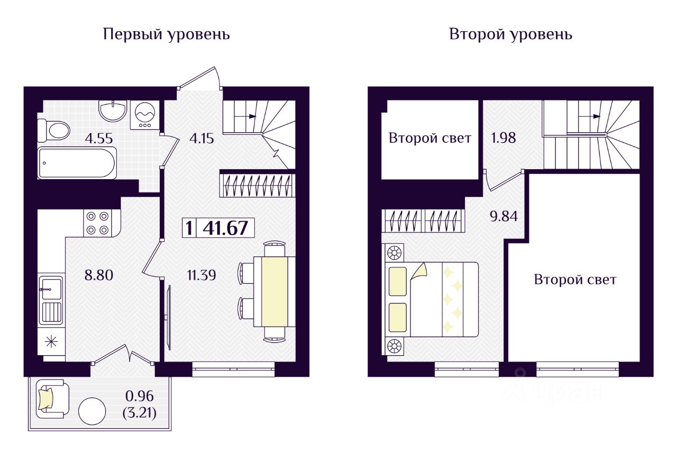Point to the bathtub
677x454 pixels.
(x=77, y=163)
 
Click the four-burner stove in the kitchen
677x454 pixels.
(x=97, y=223)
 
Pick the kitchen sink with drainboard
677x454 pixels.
(x=51, y=300)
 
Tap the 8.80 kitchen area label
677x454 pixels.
(x=98, y=275)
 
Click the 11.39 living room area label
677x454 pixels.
(x=201, y=275)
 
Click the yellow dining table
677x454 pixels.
(x=275, y=291)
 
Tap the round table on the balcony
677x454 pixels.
(x=92, y=411)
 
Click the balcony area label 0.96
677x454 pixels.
(x=140, y=395)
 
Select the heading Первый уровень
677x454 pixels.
(x=166, y=35)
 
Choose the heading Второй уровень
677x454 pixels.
(x=510, y=35)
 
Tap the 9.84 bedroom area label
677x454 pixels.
(x=502, y=216)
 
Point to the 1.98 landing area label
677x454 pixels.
(x=502, y=138)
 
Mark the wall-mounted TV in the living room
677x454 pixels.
(x=168, y=317)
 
